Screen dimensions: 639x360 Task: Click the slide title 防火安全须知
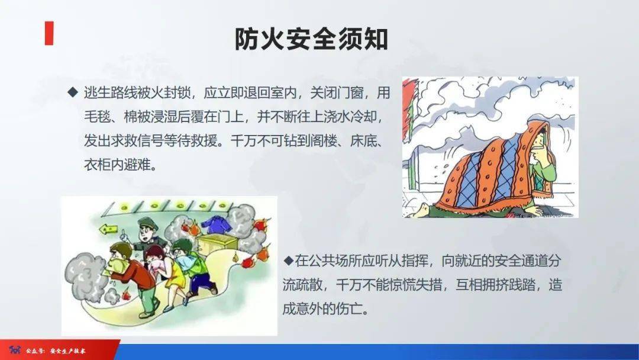(x=311, y=40)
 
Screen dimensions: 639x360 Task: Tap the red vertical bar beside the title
(x=49, y=33)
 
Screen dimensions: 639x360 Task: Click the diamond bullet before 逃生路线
(x=73, y=92)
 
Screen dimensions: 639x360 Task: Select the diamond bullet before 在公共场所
(x=289, y=261)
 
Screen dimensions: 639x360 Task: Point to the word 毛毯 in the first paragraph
(x=97, y=117)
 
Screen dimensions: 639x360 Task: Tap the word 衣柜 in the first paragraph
(x=97, y=165)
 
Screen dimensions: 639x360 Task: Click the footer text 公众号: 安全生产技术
(x=56, y=351)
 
